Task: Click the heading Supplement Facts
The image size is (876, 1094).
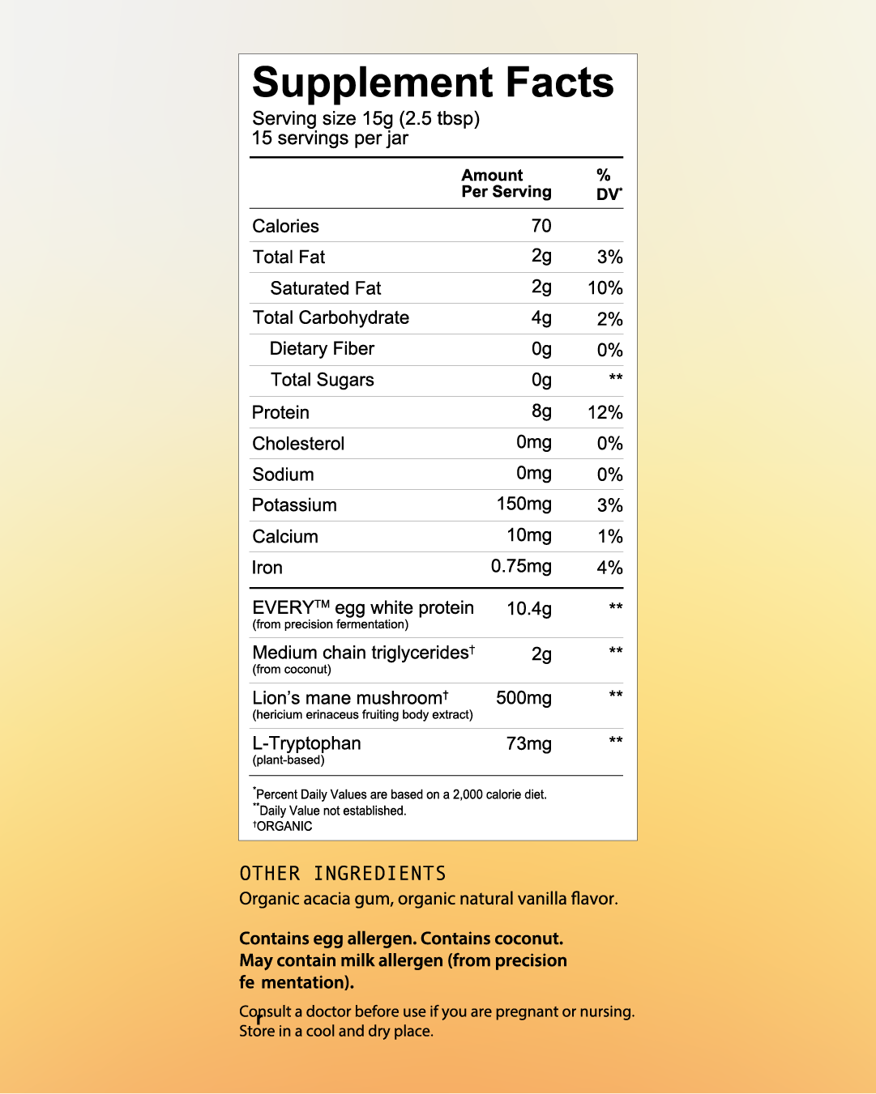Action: click(x=433, y=83)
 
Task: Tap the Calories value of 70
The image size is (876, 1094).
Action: click(x=541, y=226)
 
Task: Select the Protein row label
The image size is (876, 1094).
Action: click(x=280, y=412)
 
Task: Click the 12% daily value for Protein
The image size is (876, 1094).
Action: click(x=605, y=412)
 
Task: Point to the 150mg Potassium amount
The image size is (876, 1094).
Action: click(x=523, y=504)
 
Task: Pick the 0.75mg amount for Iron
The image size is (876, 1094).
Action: click(x=521, y=566)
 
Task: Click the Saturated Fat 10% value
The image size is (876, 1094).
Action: click(x=605, y=287)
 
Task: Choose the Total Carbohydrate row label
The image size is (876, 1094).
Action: click(x=331, y=317)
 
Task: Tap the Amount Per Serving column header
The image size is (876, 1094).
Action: click(x=506, y=183)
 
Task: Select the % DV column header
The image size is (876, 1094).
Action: click(x=608, y=184)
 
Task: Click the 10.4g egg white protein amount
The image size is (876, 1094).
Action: click(x=529, y=609)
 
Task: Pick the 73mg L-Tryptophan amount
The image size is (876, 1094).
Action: click(x=528, y=743)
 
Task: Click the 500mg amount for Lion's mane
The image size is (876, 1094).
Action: click(x=523, y=698)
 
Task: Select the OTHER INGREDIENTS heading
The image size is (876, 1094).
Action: click(x=343, y=873)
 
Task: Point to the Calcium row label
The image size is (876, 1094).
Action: click(x=285, y=536)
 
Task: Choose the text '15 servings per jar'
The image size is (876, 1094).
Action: click(x=330, y=138)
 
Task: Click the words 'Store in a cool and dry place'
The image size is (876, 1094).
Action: click(x=335, y=1031)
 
